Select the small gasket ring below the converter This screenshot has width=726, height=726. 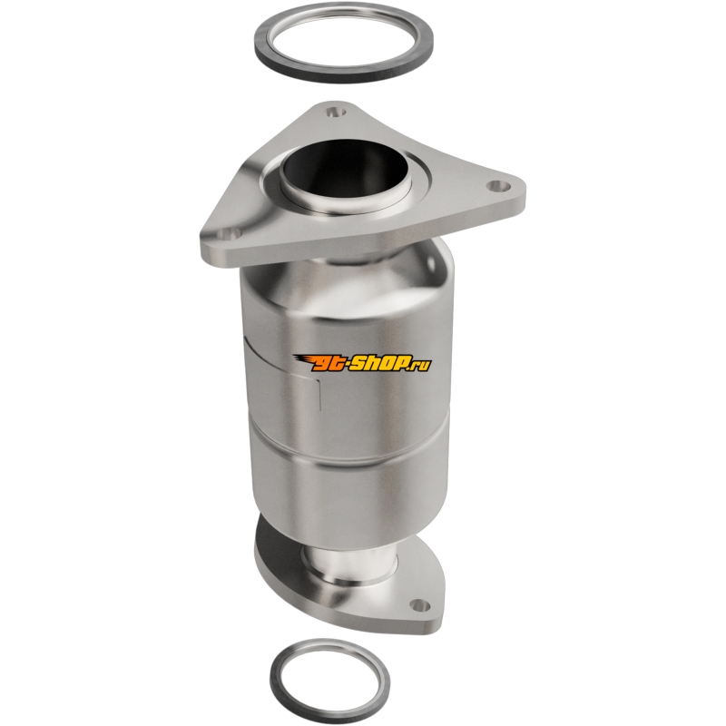click(x=277, y=675)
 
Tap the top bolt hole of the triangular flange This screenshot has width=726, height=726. click(x=335, y=112)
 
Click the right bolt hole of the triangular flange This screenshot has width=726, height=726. click(x=497, y=185)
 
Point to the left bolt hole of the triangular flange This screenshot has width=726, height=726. click(x=228, y=235)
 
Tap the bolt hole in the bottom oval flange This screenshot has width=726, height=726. click(x=419, y=604)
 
